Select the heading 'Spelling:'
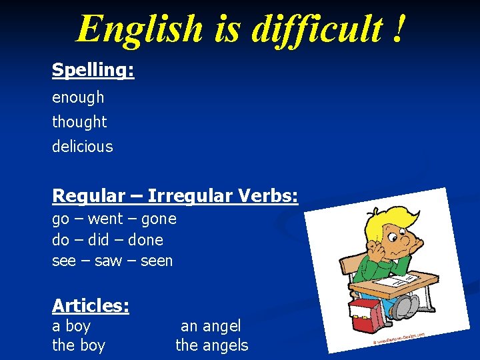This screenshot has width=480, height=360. click(x=93, y=69)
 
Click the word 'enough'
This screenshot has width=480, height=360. click(x=78, y=97)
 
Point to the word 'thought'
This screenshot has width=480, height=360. click(x=79, y=122)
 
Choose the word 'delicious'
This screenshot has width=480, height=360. click(x=83, y=147)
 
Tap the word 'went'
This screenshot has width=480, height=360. click(x=105, y=219)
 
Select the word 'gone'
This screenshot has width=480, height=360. click(x=159, y=219)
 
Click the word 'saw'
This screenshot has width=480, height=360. click(x=108, y=261)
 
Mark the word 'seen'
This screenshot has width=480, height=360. click(x=157, y=261)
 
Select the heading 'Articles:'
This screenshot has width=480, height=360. click(x=91, y=305)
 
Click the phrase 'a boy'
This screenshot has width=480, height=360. click(x=71, y=326)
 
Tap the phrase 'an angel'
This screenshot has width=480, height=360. click(x=211, y=326)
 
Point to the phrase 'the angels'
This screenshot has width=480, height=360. click(x=211, y=345)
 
